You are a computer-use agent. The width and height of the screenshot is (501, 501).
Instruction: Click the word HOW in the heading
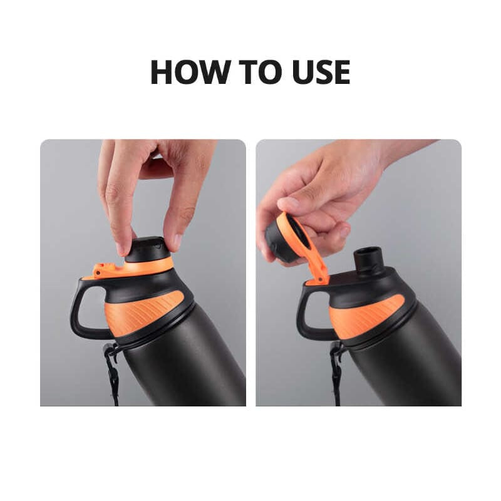[191, 72]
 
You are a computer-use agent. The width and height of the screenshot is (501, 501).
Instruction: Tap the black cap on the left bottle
[147, 249]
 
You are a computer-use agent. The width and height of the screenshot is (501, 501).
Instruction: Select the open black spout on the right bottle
[368, 261]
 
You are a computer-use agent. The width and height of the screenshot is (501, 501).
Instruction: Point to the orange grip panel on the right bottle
[366, 316]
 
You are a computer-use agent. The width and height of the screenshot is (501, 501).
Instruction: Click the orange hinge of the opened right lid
[319, 276]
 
